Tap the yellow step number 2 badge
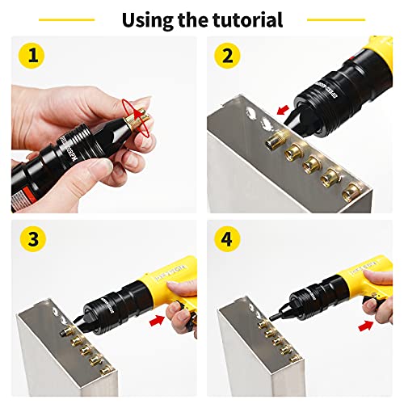pos(226,57)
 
